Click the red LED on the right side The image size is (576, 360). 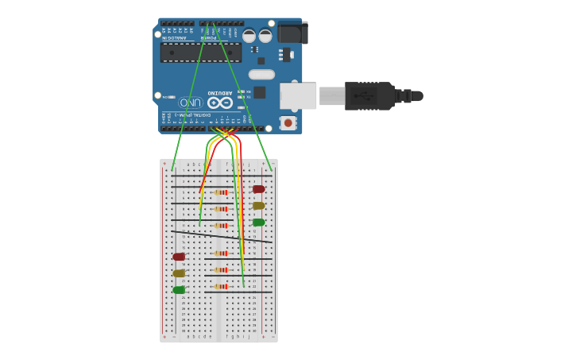(258, 189)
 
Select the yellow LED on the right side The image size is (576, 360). (258, 206)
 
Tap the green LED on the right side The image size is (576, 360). (258, 223)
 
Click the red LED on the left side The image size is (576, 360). (179, 257)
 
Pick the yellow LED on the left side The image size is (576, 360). (179, 273)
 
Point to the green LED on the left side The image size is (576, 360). (179, 290)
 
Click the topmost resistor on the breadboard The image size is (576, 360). (221, 192)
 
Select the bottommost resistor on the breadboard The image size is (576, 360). (221, 286)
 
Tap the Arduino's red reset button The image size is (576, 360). (288, 122)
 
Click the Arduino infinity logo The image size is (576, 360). (220, 103)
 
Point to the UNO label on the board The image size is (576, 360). (191, 103)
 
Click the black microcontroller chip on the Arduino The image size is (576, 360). (200, 52)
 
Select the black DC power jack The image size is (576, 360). (292, 33)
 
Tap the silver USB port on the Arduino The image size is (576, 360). (298, 96)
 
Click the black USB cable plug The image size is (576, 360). (369, 95)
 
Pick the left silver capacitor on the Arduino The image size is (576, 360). (249, 36)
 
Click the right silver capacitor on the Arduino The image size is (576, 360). (265, 36)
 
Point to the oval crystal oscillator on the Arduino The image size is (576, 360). (261, 75)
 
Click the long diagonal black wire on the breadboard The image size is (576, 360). (222, 237)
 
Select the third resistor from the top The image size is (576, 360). (221, 226)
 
